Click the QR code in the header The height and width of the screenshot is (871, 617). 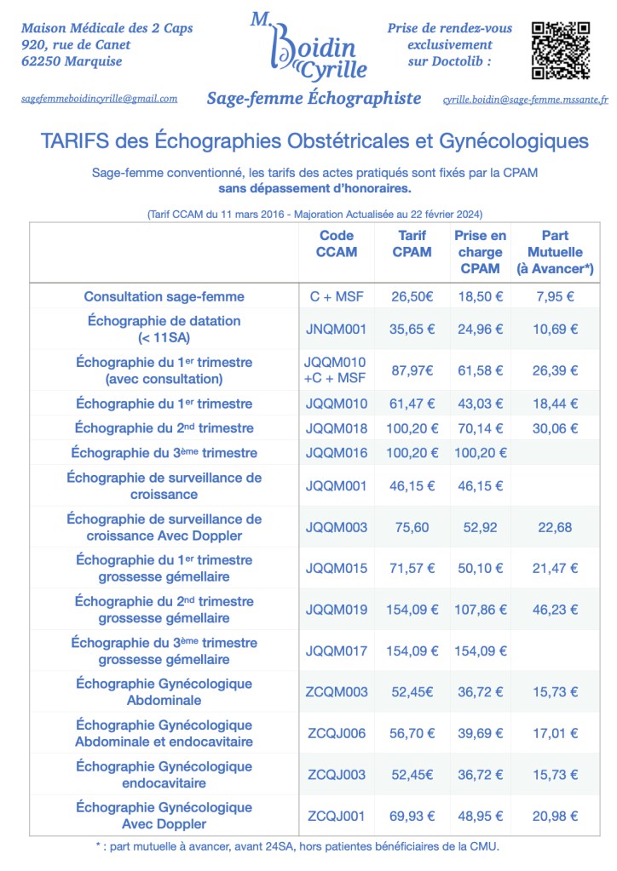(560, 49)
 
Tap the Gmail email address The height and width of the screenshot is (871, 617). (99, 99)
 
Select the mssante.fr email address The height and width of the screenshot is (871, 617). (525, 100)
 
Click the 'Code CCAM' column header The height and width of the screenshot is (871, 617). (337, 244)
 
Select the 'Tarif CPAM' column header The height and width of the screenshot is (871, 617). (412, 244)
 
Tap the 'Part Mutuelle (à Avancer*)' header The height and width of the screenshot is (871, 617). (555, 252)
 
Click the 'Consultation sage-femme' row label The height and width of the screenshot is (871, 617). (164, 296)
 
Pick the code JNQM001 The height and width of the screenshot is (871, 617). (337, 329)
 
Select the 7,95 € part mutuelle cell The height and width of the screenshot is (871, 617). (555, 296)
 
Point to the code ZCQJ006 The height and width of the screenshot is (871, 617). (337, 733)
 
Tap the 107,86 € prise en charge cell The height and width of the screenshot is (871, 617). (480, 610)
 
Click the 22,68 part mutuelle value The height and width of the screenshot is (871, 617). (555, 527)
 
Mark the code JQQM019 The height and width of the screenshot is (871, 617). (337, 610)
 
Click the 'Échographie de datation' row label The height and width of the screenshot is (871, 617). (164, 329)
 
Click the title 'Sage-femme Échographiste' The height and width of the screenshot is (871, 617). (314, 99)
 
